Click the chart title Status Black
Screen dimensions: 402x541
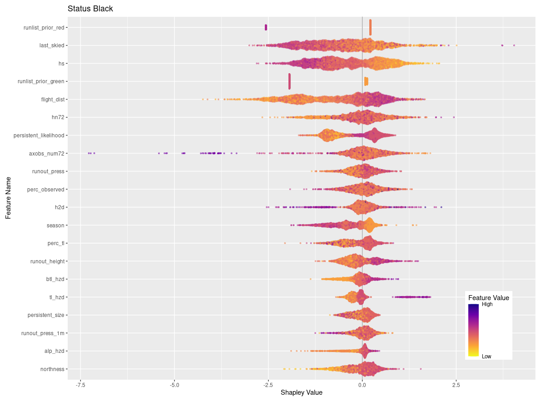[x=90, y=9]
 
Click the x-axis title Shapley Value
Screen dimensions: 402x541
[x=302, y=392]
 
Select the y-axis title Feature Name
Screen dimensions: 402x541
[x=8, y=198]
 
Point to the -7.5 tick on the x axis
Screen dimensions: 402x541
[x=80, y=385]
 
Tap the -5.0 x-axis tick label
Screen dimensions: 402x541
[x=174, y=385]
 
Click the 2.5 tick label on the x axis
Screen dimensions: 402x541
[x=456, y=385]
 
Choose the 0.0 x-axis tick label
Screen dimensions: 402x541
[x=362, y=385]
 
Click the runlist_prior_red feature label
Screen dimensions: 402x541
[x=44, y=27]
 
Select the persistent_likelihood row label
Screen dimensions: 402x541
[x=39, y=135]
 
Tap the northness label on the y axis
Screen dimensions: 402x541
[x=52, y=369]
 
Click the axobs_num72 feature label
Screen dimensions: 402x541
[x=47, y=153]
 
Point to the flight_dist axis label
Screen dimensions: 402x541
[x=52, y=99]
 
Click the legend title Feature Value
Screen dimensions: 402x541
[x=488, y=298]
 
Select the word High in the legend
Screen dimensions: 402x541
[x=487, y=305]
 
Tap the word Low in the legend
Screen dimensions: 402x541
[x=486, y=357]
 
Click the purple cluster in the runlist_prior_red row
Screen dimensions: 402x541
[x=266, y=27]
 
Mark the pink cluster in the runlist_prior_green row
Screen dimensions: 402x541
[x=289, y=81]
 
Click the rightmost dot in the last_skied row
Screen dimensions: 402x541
[x=514, y=45]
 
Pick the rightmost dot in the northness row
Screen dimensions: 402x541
[x=421, y=369]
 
